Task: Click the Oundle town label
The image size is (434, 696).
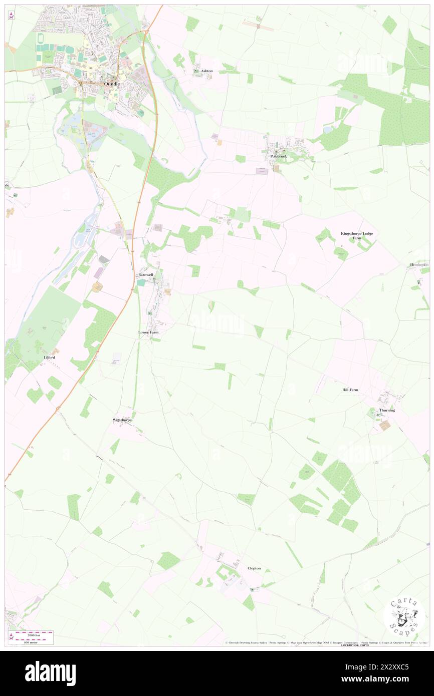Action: [111, 84]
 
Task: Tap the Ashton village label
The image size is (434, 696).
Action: [206, 71]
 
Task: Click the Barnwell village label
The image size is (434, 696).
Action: [146, 275]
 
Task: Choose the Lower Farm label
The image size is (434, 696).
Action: [149, 332]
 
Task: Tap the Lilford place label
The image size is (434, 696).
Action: [49, 358]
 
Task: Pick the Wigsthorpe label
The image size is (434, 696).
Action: [122, 420]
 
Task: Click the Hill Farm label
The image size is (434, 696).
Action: [350, 390]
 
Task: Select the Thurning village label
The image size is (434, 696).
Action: [387, 410]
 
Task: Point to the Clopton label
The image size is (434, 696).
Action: [254, 568]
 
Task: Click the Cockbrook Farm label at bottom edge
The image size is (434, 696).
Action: [354, 645]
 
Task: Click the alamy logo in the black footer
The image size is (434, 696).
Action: [50, 673]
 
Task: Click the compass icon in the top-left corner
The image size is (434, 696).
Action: [12, 16]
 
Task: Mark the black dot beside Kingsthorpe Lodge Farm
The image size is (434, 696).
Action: [342, 246]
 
